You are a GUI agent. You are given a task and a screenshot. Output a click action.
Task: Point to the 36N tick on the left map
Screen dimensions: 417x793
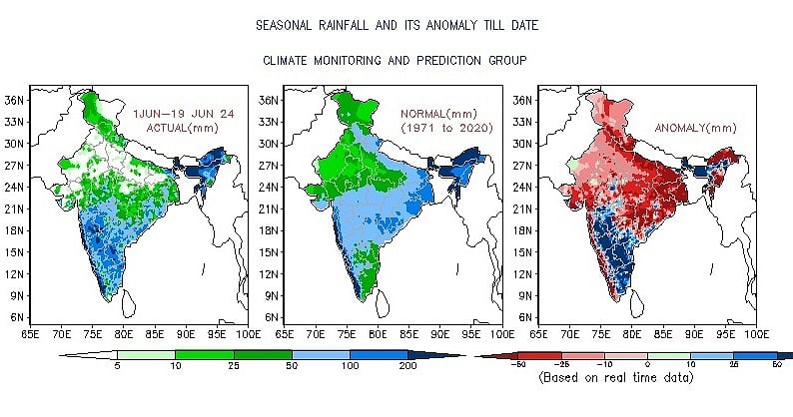click(x=15, y=100)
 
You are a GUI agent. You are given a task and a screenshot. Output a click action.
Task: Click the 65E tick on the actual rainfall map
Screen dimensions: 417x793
click(x=30, y=334)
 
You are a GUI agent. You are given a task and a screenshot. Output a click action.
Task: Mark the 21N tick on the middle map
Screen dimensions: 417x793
click(x=269, y=208)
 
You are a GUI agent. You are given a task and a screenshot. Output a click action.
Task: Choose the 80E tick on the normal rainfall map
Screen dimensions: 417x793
click(x=379, y=334)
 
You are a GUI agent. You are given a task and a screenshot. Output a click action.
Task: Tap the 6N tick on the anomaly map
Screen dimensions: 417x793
click(x=525, y=317)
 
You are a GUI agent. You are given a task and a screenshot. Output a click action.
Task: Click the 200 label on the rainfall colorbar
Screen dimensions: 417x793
click(x=407, y=367)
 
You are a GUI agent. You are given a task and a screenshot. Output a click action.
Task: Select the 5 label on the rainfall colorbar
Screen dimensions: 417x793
click(x=117, y=367)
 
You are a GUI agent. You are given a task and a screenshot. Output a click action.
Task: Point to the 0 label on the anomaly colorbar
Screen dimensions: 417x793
click(x=648, y=367)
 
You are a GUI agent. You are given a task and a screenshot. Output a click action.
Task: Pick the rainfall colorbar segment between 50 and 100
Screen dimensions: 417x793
click(x=321, y=354)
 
